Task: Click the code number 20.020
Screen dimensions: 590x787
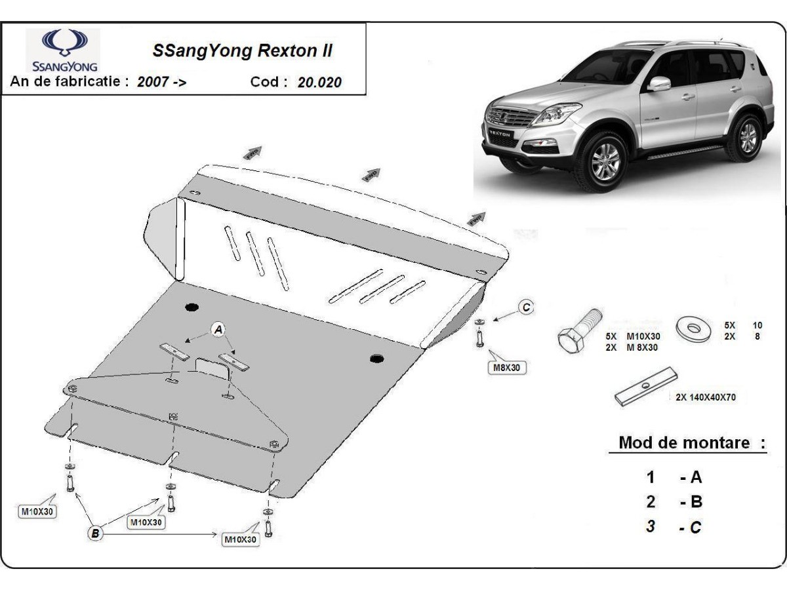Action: click(x=318, y=82)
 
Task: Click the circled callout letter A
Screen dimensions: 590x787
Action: click(x=218, y=329)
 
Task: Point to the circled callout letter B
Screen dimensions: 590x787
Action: click(x=96, y=534)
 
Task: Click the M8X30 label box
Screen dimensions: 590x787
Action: click(x=506, y=368)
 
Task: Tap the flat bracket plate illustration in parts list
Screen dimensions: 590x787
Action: click(x=646, y=389)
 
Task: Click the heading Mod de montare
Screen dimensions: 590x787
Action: click(x=692, y=442)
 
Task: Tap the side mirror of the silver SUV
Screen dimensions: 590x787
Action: click(x=658, y=83)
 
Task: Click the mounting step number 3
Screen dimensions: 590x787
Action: click(x=650, y=526)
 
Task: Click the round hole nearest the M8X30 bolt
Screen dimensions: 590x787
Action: click(x=376, y=358)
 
